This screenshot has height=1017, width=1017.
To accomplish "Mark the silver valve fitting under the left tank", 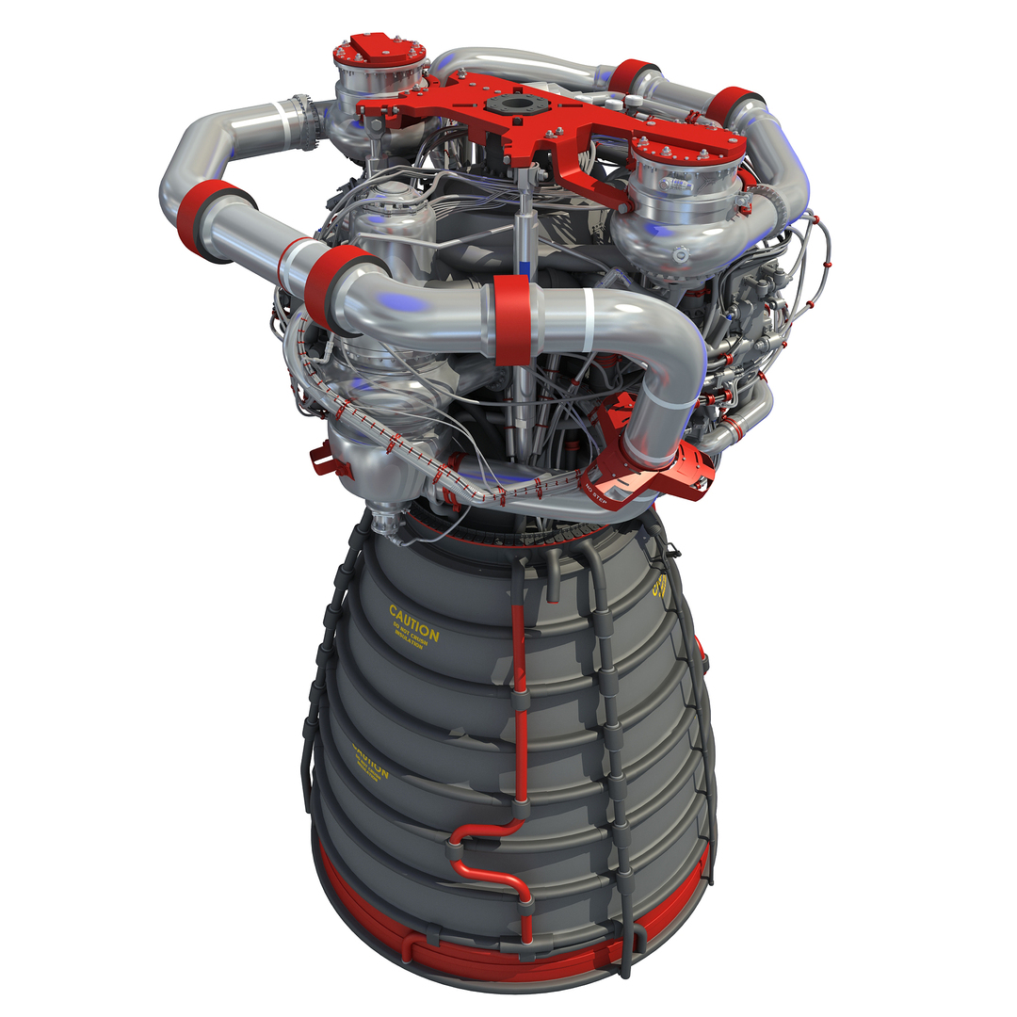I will (x=383, y=519).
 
